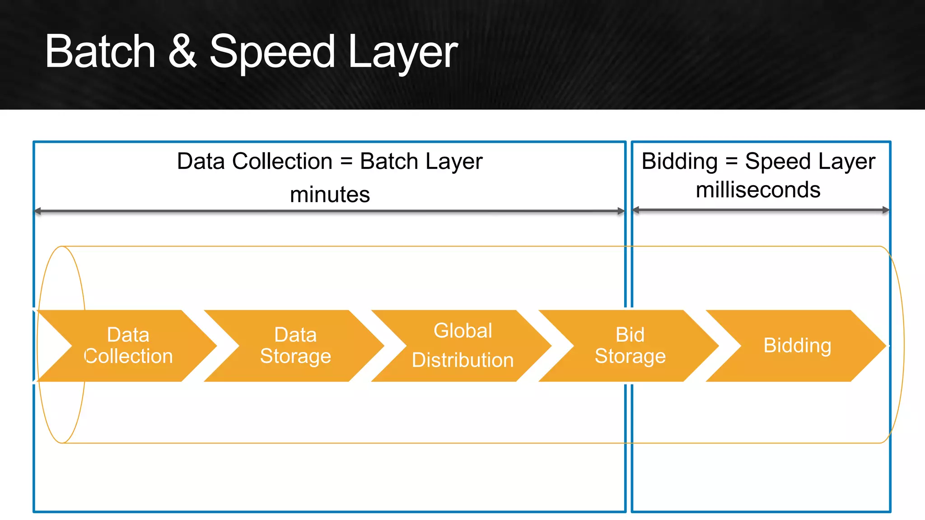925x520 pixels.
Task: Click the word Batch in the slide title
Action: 100,52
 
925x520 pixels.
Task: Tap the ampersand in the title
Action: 182,52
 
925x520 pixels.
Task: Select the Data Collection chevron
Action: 129,346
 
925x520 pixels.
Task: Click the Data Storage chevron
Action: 296,346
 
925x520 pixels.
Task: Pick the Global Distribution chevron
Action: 463,346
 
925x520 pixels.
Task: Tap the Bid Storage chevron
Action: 630,346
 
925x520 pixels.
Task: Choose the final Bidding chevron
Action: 797,346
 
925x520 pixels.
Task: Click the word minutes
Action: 330,195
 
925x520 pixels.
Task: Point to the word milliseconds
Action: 758,190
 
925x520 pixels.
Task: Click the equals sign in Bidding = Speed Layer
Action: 731,162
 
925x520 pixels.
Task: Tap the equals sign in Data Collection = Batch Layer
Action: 346,162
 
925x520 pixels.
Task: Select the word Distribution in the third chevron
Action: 463,360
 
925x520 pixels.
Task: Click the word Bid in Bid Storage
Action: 630,335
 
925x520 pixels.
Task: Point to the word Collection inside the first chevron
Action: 129,356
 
